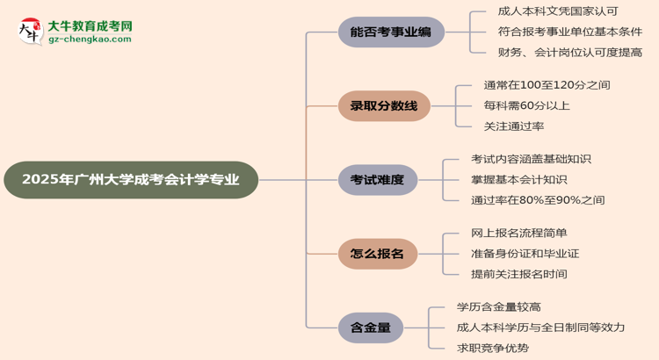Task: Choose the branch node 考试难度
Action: coord(378,180)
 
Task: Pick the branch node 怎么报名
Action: coord(378,254)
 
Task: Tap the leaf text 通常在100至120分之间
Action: coord(547,85)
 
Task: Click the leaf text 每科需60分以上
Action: coord(526,105)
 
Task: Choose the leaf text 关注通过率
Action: coord(513,126)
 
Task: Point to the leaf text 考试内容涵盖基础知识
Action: coord(531,159)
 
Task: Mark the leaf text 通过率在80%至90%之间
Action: coord(538,199)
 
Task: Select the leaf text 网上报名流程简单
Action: coord(518,233)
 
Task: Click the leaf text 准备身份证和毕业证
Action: coord(525,253)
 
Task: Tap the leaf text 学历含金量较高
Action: coord(498,306)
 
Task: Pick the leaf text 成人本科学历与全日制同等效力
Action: coord(540,327)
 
